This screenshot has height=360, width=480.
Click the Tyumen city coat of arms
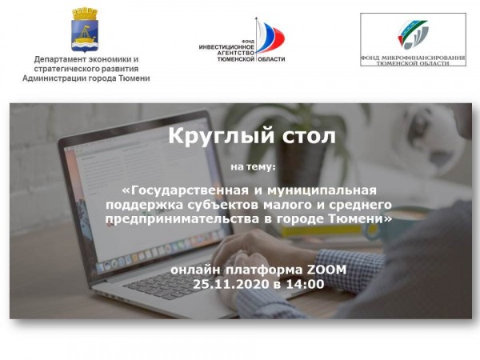85,30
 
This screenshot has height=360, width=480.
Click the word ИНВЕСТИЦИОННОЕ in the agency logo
226,47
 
